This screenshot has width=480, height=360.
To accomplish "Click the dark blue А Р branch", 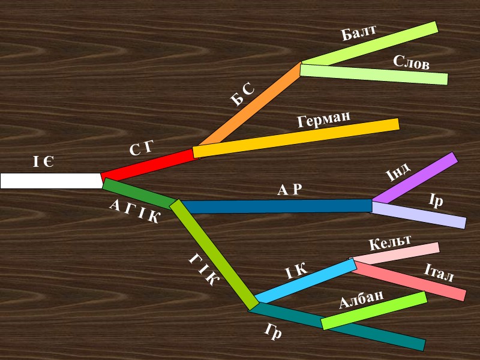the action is click(276, 206).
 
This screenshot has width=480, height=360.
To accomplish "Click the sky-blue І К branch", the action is click(306, 281).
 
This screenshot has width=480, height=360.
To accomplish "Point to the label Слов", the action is click(411, 62).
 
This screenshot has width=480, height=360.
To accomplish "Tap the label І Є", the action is click(43, 161).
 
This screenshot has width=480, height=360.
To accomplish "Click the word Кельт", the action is click(390, 242).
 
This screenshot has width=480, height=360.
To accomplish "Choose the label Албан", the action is click(361, 298).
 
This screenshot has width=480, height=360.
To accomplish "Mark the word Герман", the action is click(323, 119).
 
